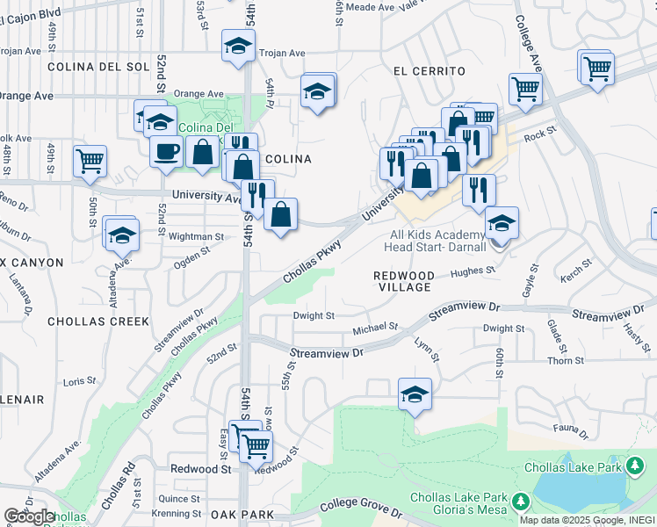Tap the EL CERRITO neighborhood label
click(429, 70)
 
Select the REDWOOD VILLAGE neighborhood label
click(404, 281)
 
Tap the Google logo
click(28, 516)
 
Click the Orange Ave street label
click(199, 94)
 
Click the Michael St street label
click(375, 328)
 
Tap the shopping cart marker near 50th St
click(90, 161)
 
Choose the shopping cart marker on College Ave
click(524, 88)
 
